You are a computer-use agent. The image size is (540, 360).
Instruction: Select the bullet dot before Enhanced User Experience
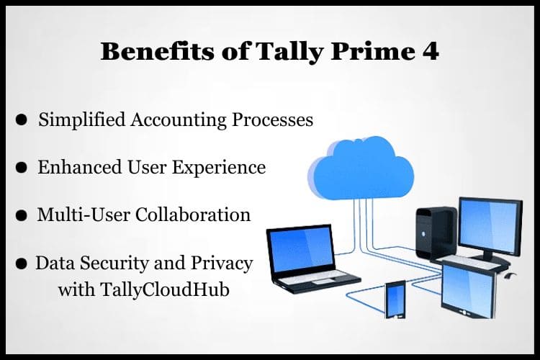pyautogui.click(x=22, y=168)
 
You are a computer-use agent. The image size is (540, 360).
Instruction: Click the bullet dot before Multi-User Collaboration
pyautogui.click(x=22, y=216)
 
